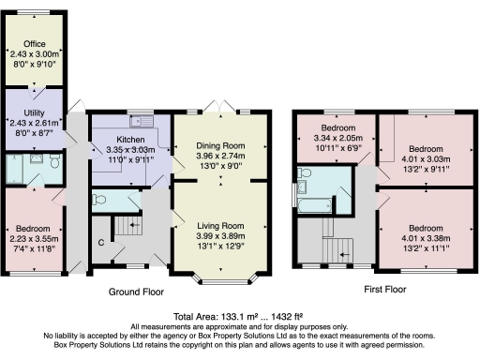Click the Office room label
(34, 44)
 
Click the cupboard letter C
(100, 244)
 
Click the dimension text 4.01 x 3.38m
(426, 237)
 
